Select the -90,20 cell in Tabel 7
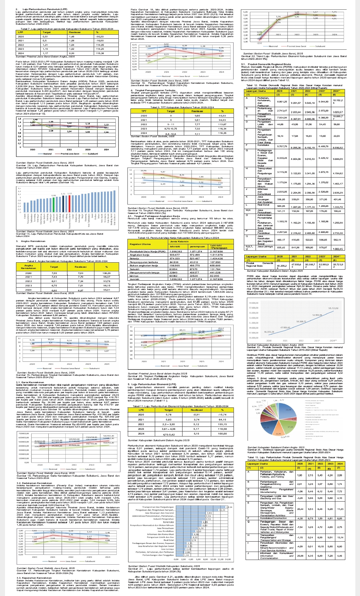[99, 37]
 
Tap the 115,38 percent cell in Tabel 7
[99, 53]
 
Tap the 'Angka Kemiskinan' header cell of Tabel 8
[29, 267]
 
